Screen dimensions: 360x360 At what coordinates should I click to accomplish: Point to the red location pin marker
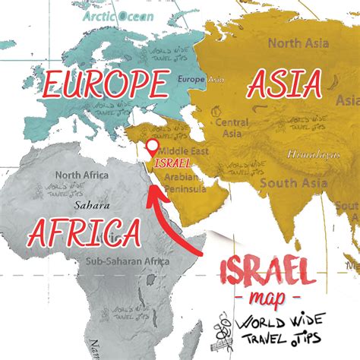(x=152, y=147)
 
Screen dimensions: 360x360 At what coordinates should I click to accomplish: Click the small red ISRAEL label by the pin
(x=172, y=163)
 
